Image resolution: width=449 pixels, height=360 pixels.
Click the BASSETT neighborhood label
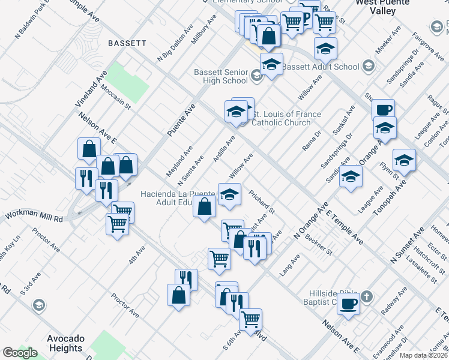127,43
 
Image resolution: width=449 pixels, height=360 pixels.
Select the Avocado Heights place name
65,343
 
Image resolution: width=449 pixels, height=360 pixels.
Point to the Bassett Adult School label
321,67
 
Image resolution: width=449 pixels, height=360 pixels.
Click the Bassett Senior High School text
220,76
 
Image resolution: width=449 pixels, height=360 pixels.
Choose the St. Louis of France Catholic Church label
285,118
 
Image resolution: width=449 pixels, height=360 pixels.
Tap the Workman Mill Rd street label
34,217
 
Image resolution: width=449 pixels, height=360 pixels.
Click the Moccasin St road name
116,96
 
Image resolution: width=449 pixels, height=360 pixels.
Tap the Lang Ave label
289,265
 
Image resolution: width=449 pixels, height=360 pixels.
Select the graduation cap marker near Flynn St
405,160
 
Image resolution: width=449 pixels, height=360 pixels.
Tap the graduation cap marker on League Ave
351,177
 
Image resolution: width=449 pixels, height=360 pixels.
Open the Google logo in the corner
20,353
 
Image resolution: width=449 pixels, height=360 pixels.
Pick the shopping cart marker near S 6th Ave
250,319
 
